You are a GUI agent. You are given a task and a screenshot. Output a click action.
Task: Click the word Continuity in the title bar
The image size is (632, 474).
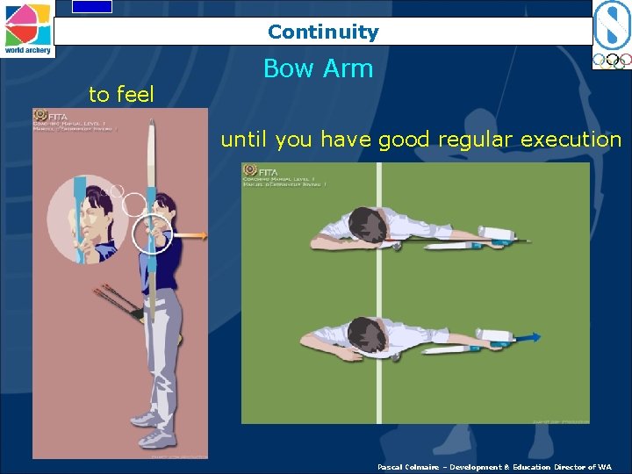click(x=323, y=32)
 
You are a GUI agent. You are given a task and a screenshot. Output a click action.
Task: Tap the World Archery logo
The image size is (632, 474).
click(x=27, y=28)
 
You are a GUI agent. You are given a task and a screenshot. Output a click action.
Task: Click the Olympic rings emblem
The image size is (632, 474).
click(x=612, y=61)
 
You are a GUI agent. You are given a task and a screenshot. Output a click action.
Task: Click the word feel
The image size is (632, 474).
click(x=134, y=94)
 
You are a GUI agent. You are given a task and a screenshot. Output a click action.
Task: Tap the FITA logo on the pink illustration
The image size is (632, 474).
click(x=40, y=115)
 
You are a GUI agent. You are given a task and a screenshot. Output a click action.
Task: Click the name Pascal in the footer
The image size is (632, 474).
click(x=391, y=467)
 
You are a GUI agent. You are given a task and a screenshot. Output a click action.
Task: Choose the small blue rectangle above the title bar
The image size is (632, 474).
click(x=92, y=6)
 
